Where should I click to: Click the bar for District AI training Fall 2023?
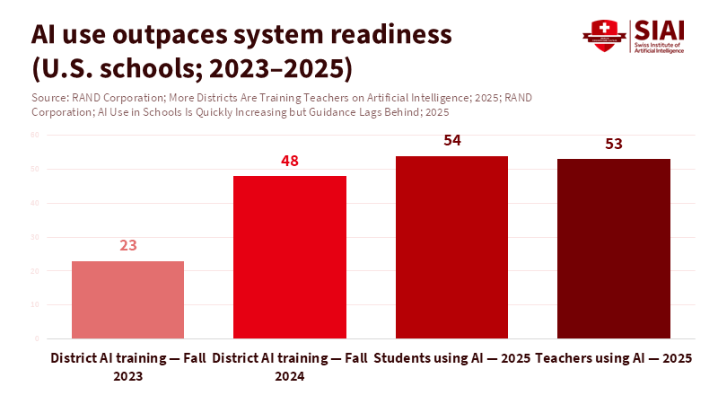point(127,300)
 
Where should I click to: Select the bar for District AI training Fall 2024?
point(289,258)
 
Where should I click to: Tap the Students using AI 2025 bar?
point(451,248)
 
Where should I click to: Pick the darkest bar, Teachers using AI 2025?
point(614,250)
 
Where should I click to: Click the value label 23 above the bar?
point(127,245)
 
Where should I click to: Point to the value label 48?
point(289,162)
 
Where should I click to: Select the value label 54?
point(451,141)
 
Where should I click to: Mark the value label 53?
point(614,144)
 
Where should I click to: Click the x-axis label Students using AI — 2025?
point(451,358)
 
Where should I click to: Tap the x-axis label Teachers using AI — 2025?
point(614,358)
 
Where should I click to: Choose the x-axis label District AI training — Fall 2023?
point(127,367)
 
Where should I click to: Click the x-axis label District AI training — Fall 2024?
point(289,367)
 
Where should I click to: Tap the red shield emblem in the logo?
point(603,35)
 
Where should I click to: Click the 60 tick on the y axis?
point(36,135)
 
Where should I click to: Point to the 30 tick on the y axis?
point(36,237)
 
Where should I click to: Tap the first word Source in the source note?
point(48,97)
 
